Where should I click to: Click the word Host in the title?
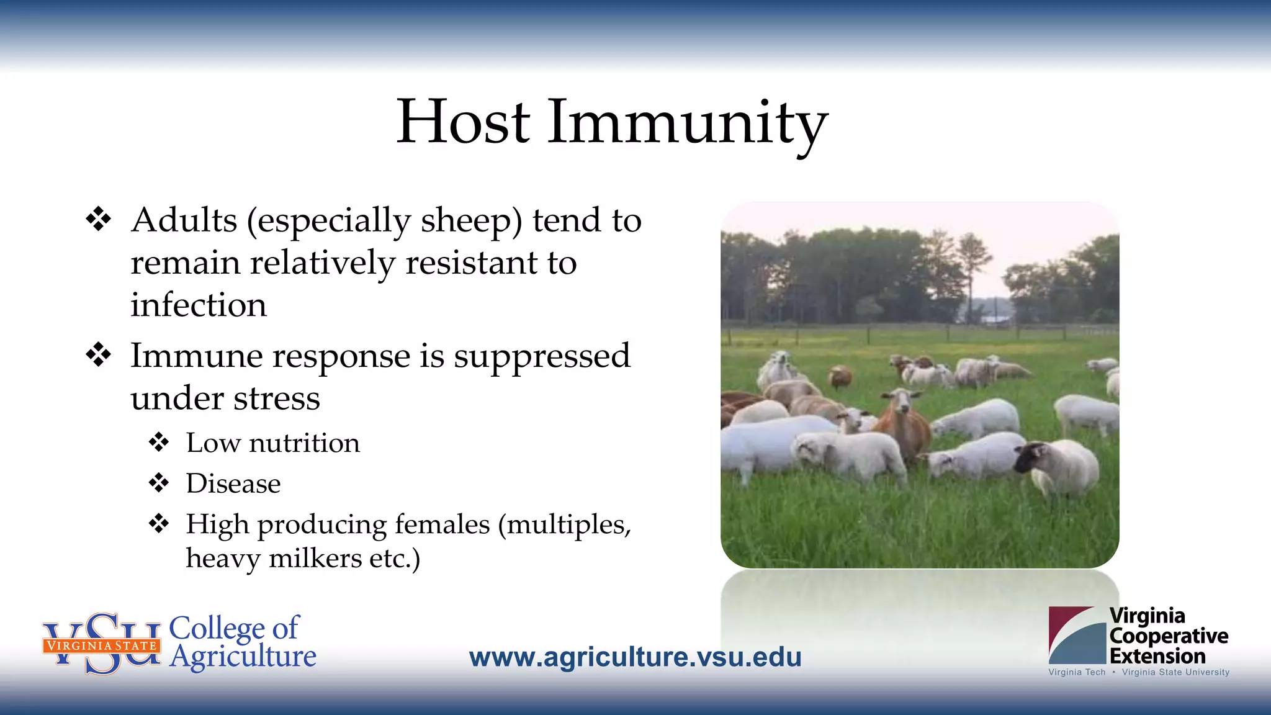coord(463,122)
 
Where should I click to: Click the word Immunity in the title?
coord(688,123)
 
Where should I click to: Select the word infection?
coord(199,305)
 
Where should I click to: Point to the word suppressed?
coord(541,356)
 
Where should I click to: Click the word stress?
coord(277,398)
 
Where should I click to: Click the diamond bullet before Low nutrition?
coord(159,443)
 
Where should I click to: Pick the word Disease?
coord(233,483)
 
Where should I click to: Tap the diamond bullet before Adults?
coord(99,219)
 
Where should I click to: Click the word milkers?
coord(315,558)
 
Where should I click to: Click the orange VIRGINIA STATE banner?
coord(102,645)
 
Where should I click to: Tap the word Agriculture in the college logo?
coord(243,657)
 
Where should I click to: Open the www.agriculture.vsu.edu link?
coord(635,657)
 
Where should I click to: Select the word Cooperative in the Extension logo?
coord(1168,636)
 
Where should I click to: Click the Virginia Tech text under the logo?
coord(1077,672)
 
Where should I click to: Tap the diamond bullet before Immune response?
coord(99,355)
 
